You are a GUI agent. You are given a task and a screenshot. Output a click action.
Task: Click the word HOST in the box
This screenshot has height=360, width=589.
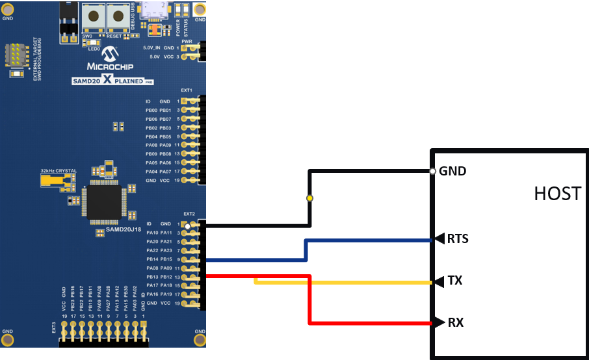tap(557, 193)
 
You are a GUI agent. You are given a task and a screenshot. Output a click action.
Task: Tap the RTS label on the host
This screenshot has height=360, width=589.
tap(458, 238)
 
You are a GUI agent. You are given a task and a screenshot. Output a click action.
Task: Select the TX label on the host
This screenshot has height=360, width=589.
tap(454, 281)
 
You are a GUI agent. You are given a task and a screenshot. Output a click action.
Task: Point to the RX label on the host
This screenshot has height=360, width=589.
tap(455, 322)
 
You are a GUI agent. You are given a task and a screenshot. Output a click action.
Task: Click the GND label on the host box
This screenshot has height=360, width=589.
tap(453, 172)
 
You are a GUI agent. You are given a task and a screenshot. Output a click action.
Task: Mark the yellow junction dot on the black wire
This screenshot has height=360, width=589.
tap(310, 198)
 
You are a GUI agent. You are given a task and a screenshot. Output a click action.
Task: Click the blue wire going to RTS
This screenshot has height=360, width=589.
tap(371, 240)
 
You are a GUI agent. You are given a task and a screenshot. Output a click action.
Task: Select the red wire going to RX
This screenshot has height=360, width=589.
tap(371, 323)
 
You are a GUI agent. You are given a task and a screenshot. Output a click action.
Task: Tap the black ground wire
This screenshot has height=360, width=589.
tap(371, 172)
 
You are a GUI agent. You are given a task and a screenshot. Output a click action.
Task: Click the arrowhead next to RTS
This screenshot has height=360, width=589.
tap(438, 239)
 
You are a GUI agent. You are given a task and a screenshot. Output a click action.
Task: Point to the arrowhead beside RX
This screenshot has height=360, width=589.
tap(438, 322)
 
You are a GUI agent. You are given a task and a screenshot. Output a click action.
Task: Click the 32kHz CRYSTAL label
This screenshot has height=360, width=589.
tap(58, 171)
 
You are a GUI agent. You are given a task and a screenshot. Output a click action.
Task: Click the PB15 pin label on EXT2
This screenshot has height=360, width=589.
tap(166, 260)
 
